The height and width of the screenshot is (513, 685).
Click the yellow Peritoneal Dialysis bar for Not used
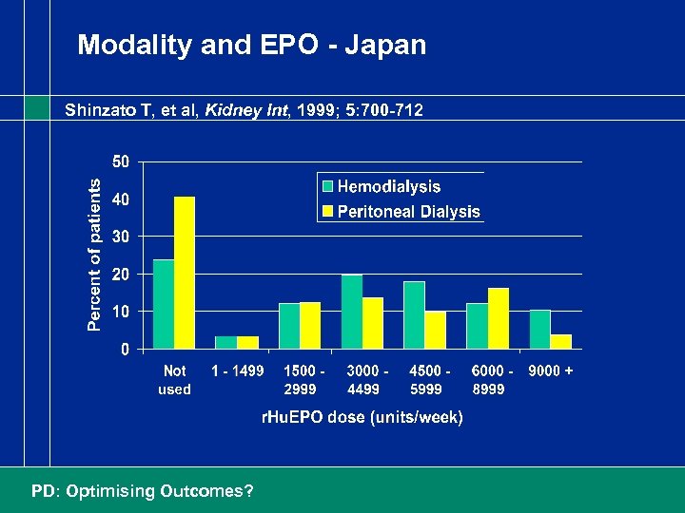click(185, 273)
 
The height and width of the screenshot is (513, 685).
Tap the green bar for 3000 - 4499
click(352, 312)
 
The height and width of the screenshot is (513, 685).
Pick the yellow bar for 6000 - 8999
click(499, 318)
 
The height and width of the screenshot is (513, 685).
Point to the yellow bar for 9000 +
click(561, 341)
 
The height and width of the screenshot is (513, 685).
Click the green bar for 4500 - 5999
click(414, 314)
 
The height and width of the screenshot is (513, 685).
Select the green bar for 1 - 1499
click(226, 342)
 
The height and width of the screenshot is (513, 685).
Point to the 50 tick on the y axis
click(121, 161)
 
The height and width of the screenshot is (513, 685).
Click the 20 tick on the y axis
click(121, 274)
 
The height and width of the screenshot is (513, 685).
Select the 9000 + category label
click(550, 371)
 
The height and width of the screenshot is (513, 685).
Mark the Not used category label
click(174, 380)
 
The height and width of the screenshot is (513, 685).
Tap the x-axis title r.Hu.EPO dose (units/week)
click(362, 417)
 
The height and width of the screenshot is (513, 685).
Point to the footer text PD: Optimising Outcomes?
click(143, 491)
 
